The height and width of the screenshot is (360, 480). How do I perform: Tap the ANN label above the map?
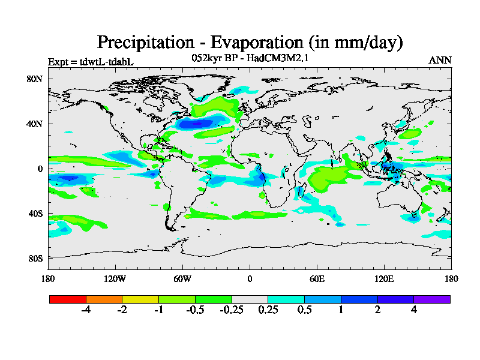[440, 60]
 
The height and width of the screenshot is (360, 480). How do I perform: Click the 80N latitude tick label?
[35, 79]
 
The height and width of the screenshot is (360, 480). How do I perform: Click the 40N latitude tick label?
[35, 124]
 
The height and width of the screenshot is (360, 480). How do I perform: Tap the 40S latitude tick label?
[35, 214]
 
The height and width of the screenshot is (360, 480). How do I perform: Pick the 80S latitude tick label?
[35, 258]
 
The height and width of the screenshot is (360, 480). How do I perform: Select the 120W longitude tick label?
[115, 279]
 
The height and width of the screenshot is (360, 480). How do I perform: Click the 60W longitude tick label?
[182, 279]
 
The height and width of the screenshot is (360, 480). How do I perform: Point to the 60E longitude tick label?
[317, 279]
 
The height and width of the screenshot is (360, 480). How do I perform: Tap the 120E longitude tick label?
[384, 279]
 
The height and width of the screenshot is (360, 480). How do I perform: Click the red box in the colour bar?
[68, 299]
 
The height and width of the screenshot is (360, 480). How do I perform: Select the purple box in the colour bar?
[432, 299]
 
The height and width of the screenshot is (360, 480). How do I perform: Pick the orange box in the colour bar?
[104, 299]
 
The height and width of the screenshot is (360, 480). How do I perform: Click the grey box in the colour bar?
[250, 299]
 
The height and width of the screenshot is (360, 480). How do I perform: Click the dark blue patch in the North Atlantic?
[201, 124]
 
